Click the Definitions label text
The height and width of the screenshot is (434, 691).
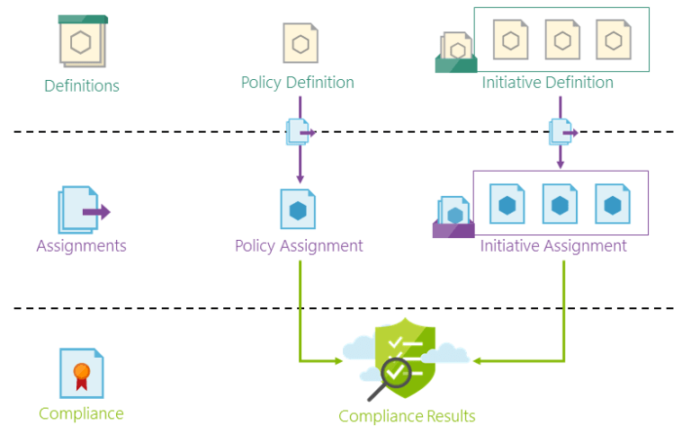point(82,86)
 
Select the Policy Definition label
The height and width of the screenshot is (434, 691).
point(297,83)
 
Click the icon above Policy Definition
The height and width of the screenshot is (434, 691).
point(301,43)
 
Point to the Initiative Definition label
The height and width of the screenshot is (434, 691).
point(547,83)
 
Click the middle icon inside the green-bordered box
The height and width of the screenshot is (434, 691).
point(562,40)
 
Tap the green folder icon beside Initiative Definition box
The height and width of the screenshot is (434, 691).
point(455,53)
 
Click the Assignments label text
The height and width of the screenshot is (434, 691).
point(81,245)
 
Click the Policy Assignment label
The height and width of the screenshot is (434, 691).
point(299,245)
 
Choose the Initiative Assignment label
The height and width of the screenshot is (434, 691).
point(553,245)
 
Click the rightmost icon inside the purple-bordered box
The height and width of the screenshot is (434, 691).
point(613,204)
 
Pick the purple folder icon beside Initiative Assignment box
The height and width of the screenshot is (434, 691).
point(454,217)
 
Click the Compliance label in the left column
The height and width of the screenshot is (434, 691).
point(81,413)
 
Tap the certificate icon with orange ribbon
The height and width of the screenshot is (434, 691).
point(82,373)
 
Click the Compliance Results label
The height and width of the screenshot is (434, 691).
point(407,416)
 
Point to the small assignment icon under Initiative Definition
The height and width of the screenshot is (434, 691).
point(561,132)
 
